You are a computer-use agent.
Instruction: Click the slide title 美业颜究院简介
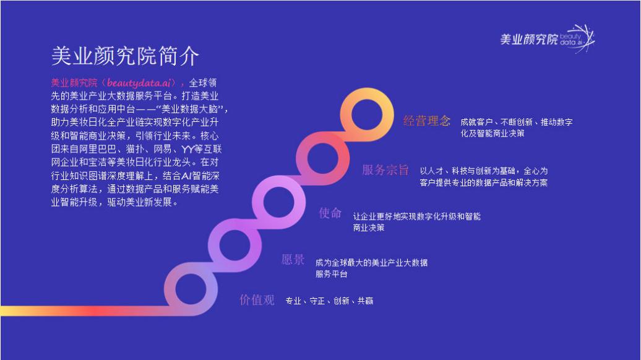click(x=125, y=56)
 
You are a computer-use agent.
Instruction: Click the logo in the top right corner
click(x=548, y=38)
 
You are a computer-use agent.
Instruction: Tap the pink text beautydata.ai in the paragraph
click(x=139, y=82)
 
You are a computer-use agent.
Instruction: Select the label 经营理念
click(x=426, y=121)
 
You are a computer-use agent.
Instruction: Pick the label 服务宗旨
click(x=385, y=170)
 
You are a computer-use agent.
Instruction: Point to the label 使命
click(x=330, y=213)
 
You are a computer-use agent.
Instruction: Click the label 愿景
click(x=293, y=259)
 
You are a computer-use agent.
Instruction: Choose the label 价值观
click(x=257, y=300)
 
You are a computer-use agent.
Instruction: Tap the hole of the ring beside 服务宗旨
click(x=322, y=158)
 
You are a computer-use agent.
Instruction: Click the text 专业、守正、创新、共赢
click(x=329, y=301)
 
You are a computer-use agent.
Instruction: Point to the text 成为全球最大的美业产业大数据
click(x=371, y=262)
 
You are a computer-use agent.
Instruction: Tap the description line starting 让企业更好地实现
click(x=416, y=216)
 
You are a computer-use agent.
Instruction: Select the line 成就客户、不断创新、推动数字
click(x=516, y=122)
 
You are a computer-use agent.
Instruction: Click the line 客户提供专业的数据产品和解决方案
click(x=484, y=182)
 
